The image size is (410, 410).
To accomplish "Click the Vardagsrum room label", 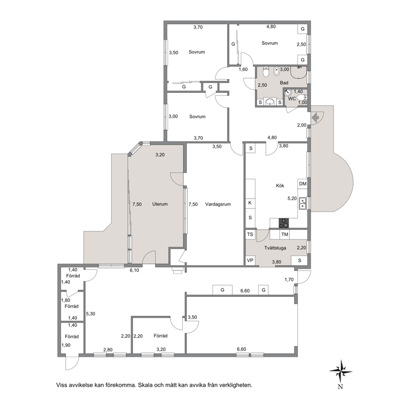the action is pos(218,204).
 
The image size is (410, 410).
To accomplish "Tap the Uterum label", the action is pos(160,204).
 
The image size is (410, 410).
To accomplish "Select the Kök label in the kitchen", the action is pos(280,186).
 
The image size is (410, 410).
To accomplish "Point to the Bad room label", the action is pos(284,83).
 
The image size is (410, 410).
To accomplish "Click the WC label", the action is pos(292,99).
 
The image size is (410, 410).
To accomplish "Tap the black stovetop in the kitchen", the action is pos(284,223).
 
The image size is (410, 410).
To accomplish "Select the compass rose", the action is pos(341,371).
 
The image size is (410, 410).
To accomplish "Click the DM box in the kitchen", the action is pos(303,184).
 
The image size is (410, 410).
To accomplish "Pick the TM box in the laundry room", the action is pos(285,234).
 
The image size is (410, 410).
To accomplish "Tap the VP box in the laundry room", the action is pos(250,260).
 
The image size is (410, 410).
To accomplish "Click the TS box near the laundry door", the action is pos(250,234).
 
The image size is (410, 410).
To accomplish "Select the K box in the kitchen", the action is pos(250,203).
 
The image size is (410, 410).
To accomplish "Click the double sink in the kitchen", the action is pos(303,203).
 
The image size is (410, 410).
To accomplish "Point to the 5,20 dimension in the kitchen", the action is pos(292,198).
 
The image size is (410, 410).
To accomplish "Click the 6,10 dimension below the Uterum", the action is pos(134,270).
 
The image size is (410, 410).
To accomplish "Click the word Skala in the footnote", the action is pos(145,385).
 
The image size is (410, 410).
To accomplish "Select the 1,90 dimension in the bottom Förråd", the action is pos(66,345).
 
